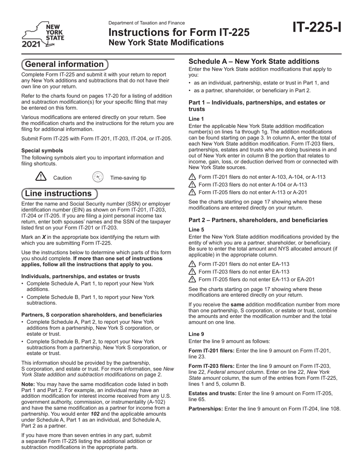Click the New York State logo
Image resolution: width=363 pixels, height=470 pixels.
pyautogui.click(x=42, y=35)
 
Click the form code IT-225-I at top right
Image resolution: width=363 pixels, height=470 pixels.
pyautogui.click(x=317, y=28)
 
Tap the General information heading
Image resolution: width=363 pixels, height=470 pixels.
pyautogui.click(x=64, y=64)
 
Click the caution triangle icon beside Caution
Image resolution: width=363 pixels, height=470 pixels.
pyautogui.click(x=41, y=177)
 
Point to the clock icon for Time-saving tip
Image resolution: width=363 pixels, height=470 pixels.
pyautogui.click(x=98, y=177)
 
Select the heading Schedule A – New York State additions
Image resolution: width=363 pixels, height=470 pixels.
pyautogui.click(x=254, y=62)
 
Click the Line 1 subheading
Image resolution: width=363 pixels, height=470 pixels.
pyautogui.click(x=196, y=119)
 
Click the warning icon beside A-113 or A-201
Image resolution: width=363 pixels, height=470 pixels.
pyautogui.click(x=192, y=193)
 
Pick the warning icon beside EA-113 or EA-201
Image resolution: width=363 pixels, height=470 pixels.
pyautogui.click(x=192, y=279)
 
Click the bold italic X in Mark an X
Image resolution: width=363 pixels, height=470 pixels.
pyautogui.click(x=44, y=237)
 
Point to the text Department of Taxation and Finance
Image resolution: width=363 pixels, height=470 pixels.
pyautogui.click(x=146, y=23)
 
